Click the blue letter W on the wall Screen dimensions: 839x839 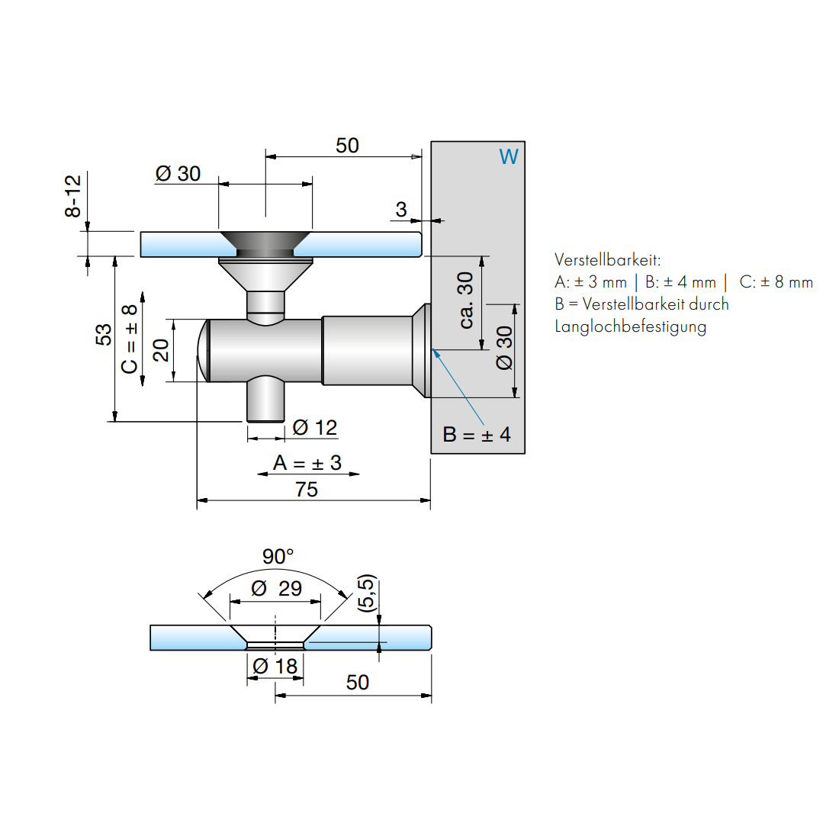coord(509,156)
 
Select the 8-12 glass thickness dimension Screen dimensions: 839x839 coord(72,196)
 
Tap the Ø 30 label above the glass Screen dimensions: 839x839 coord(178,174)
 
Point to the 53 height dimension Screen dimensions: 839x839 coord(103,334)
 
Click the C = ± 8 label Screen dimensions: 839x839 coord(130,339)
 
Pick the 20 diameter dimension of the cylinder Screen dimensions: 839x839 coord(161,349)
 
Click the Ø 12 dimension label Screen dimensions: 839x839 coord(315,428)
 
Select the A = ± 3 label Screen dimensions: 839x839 coord(307,463)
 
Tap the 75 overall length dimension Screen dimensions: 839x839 coord(307,490)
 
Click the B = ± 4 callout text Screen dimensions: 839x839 coord(477,435)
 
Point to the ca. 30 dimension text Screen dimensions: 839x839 coord(465,301)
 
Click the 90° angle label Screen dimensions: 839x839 coord(278,556)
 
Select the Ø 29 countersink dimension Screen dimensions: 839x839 coord(276,588)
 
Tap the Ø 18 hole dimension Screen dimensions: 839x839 coord(275,666)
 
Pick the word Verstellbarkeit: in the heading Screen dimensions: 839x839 coord(607,259)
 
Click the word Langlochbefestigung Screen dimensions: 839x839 coord(630,326)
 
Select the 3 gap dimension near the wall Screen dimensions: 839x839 coord(401,209)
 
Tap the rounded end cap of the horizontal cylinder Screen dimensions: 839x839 coord(203,351)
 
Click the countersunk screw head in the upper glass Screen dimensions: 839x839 coord(265,243)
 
